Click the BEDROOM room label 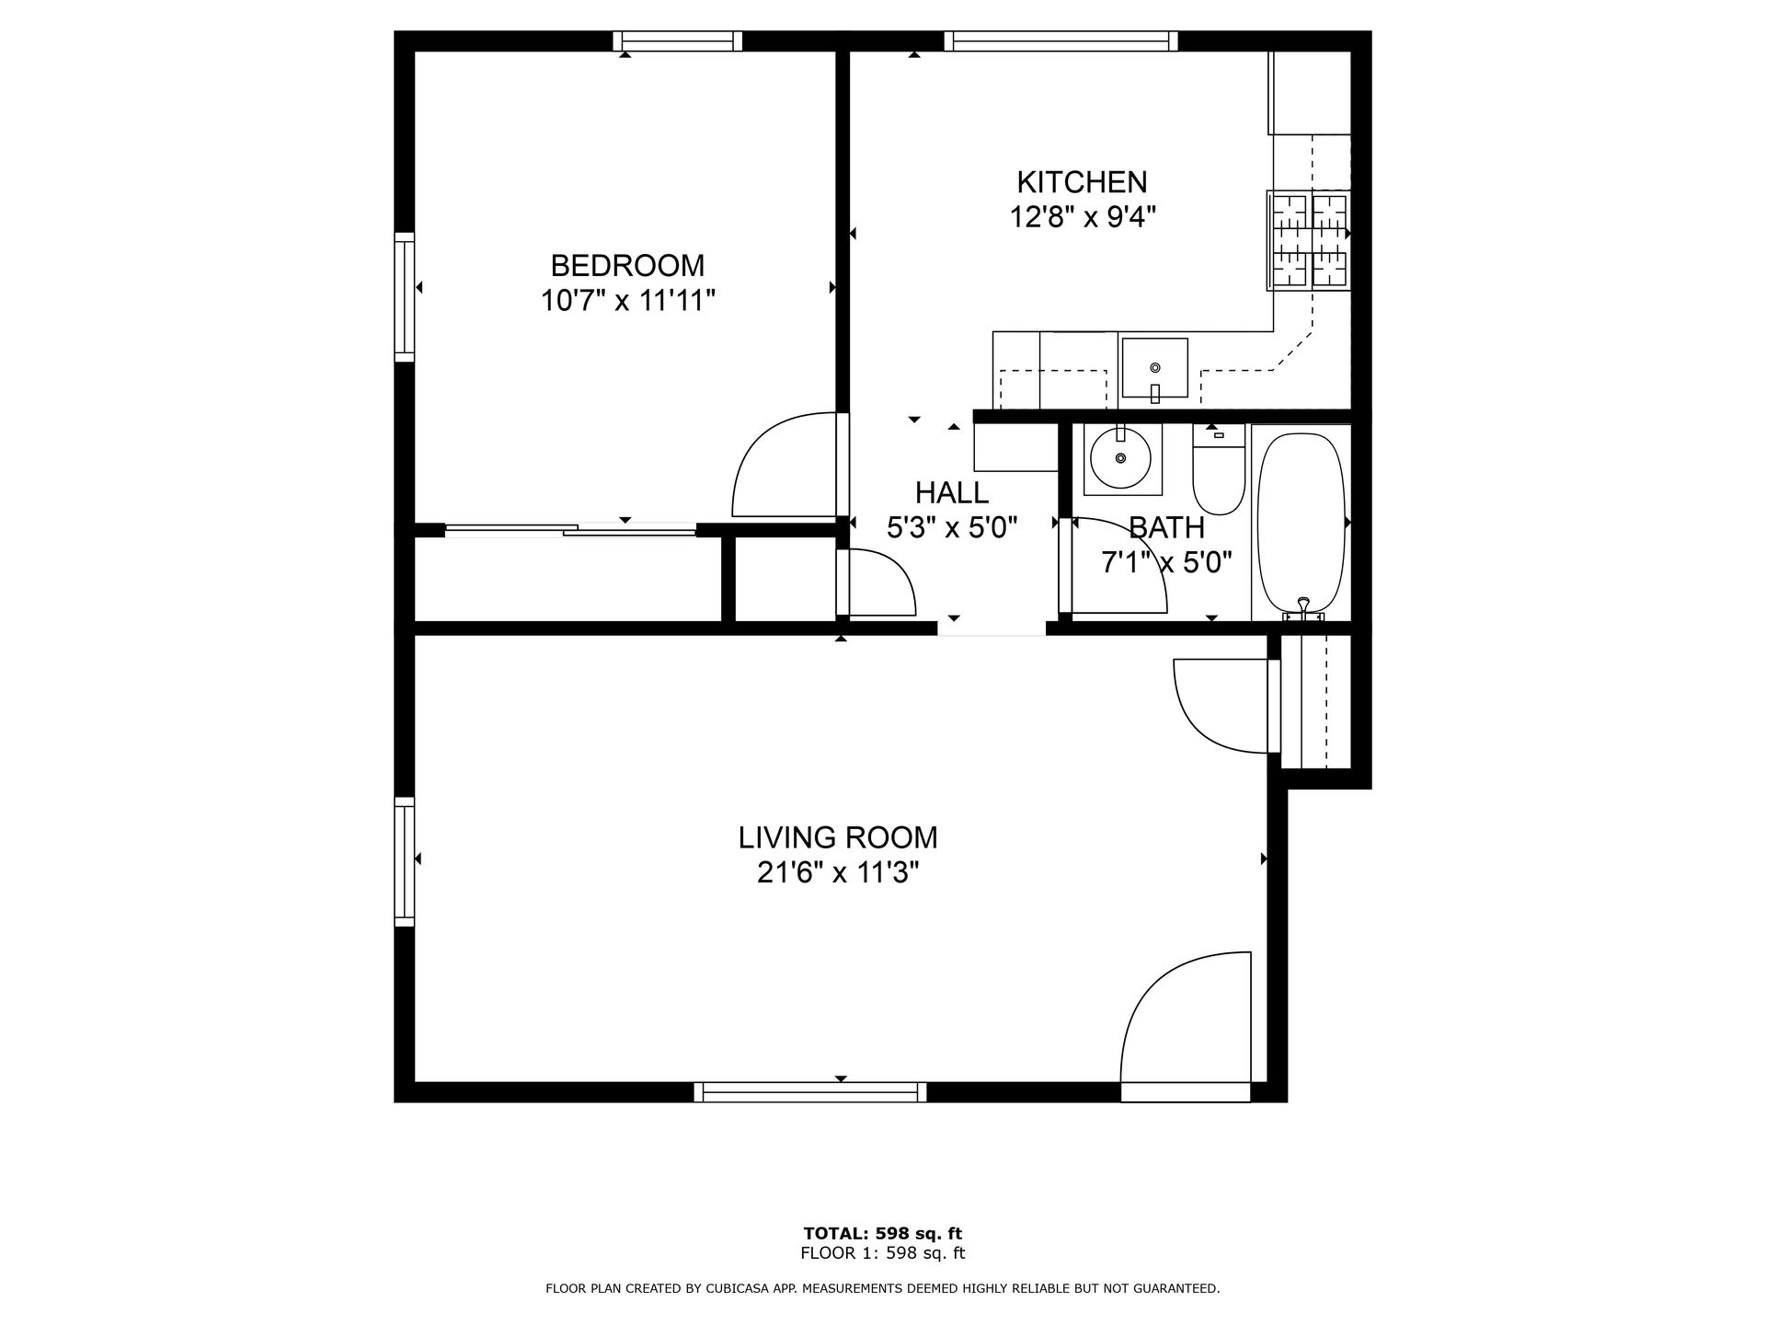click(627, 266)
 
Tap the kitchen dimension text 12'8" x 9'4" click(1082, 217)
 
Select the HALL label click(951, 493)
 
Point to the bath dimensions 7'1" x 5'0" click(1166, 562)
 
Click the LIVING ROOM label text click(838, 837)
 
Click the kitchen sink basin click(1154, 367)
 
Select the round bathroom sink click(1120, 457)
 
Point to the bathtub click(1301, 522)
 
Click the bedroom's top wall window click(678, 40)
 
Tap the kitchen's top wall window click(1061, 40)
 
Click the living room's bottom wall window click(809, 1092)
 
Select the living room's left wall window click(404, 861)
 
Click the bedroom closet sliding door click(570, 529)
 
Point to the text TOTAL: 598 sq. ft click(882, 1234)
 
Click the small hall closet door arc click(883, 582)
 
